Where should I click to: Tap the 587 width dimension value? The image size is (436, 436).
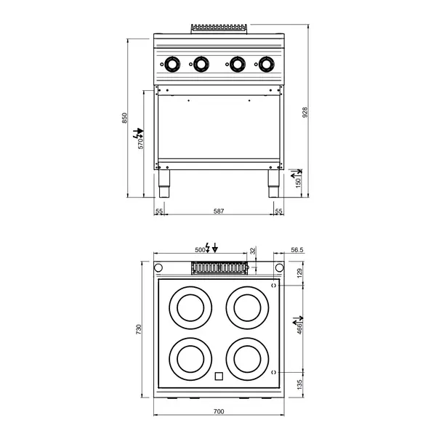219,211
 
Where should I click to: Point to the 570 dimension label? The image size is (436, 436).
142,143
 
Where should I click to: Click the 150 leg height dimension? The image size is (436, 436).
298,182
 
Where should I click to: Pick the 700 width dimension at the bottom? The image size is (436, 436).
219,412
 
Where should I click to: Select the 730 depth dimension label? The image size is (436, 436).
138,330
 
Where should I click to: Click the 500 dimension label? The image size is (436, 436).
200,250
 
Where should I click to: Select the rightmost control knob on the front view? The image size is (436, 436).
265,64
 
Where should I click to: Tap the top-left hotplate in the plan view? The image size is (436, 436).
189,307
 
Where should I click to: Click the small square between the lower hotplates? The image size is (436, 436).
218,376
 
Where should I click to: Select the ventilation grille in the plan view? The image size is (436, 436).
218,269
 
